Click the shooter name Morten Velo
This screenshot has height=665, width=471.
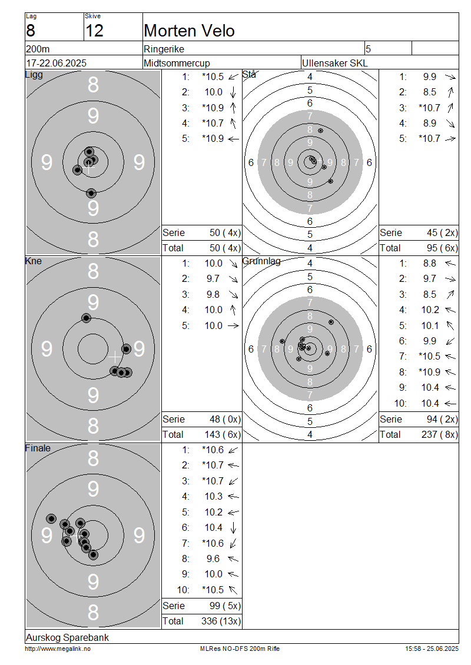pos(189,31)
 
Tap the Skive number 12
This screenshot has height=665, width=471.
pos(94,31)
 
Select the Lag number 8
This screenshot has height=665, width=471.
pos(31,31)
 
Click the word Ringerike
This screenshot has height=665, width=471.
pos(164,49)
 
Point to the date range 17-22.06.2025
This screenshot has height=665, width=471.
pos(57,63)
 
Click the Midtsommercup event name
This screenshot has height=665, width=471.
pos(177,63)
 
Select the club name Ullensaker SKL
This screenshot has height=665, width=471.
pos(335,63)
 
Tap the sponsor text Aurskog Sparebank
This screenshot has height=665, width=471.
pos(68,637)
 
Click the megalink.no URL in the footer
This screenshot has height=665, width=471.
pos(58,649)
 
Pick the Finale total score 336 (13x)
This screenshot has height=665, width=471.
pos(221,621)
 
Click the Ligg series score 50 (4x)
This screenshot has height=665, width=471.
pos(225,233)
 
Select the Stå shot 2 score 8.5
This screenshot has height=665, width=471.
pos(429,92)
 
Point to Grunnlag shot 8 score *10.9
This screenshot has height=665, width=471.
pos(429,372)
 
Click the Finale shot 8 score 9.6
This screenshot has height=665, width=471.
pos(213,558)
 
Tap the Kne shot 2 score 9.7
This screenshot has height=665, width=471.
pos(213,278)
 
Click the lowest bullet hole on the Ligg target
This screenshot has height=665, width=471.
pos(91,194)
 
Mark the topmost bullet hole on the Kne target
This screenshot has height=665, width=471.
pos(86,318)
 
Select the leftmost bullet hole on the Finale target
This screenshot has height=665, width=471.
pos(51,518)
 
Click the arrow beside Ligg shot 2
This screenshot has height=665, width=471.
pos(233,92)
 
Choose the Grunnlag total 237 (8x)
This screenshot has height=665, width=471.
pos(440,435)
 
